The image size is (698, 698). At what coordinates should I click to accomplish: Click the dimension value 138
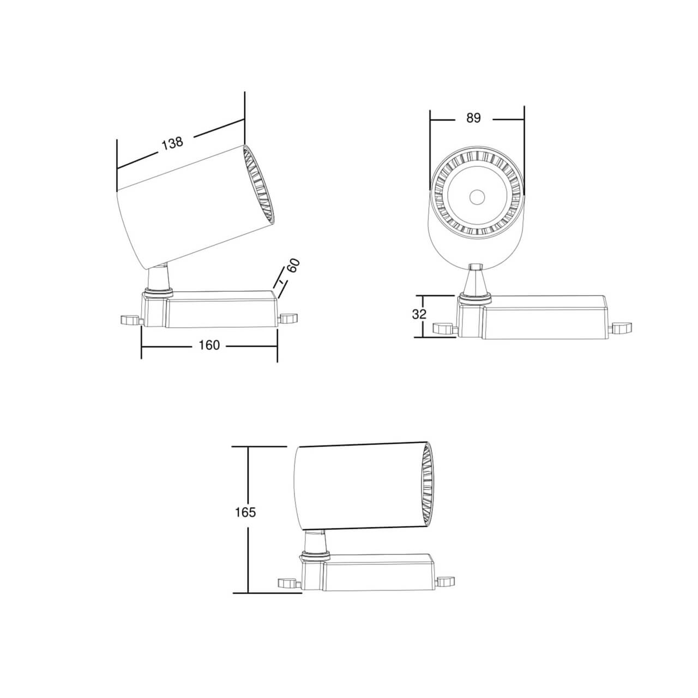pos(172,143)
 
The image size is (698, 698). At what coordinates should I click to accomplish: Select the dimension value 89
pos(473,118)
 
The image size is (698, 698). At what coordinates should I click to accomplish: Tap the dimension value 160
pos(209,345)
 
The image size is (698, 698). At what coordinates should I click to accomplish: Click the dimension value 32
pos(419,315)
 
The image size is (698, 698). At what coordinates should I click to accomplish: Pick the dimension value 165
pos(245,512)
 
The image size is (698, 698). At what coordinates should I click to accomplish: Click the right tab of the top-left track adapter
pos(288,318)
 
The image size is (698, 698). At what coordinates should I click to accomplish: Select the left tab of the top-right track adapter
pos(444,328)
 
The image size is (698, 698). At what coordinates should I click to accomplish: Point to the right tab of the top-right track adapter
pos(621,327)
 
